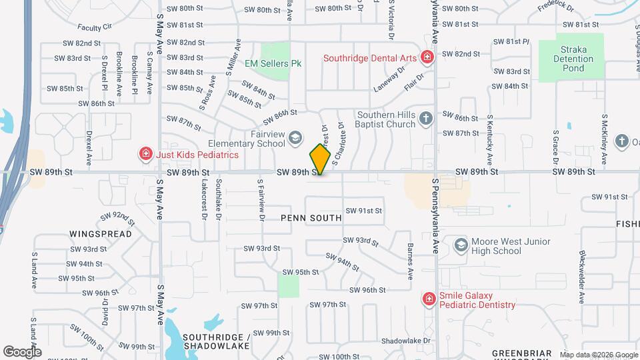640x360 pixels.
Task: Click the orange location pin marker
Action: (320, 159)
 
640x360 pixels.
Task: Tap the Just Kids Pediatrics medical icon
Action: (145, 155)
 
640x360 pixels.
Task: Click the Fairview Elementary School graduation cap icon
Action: (295, 138)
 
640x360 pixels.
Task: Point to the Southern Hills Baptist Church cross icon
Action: (426, 119)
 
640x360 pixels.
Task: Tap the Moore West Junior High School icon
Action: (460, 246)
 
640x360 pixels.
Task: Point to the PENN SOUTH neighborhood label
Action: (311, 218)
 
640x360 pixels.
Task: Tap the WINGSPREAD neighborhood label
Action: (100, 235)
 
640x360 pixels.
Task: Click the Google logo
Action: (22, 351)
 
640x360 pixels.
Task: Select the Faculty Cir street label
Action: (94, 27)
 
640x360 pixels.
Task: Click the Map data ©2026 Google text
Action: (599, 355)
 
